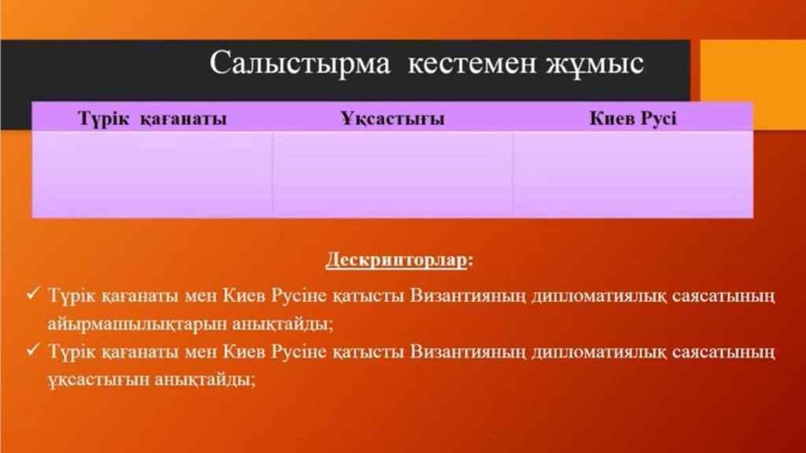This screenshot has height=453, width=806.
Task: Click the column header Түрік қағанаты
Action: [152, 119]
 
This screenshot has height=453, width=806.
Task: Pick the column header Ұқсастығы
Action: [393, 118]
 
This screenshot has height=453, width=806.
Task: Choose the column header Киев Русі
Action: [633, 118]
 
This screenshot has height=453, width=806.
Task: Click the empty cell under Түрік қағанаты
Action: [152, 175]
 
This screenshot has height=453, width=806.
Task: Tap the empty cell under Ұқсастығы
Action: [392, 175]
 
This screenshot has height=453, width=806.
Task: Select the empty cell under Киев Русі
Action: [633, 175]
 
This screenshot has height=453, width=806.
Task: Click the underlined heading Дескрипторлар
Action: [397, 260]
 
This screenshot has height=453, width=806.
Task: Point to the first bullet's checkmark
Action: [33, 294]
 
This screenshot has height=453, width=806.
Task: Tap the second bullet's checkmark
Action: [33, 350]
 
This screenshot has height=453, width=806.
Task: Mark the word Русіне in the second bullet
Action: [298, 352]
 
